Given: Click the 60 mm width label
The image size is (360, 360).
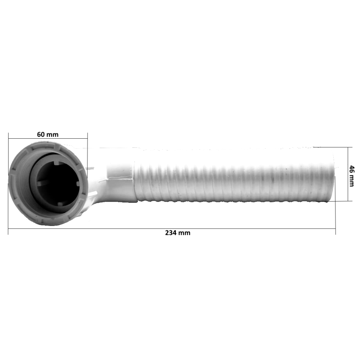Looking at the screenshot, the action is pos(48,134).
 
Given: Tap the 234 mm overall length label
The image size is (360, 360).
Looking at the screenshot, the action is pos(178,233).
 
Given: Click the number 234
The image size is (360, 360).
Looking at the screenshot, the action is pos(171,233).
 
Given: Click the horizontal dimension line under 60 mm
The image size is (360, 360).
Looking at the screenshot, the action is pos(48,138).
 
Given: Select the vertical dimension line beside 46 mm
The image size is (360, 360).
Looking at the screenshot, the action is pos(348,174).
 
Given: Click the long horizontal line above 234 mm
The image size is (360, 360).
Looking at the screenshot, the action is pos(172,229).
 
